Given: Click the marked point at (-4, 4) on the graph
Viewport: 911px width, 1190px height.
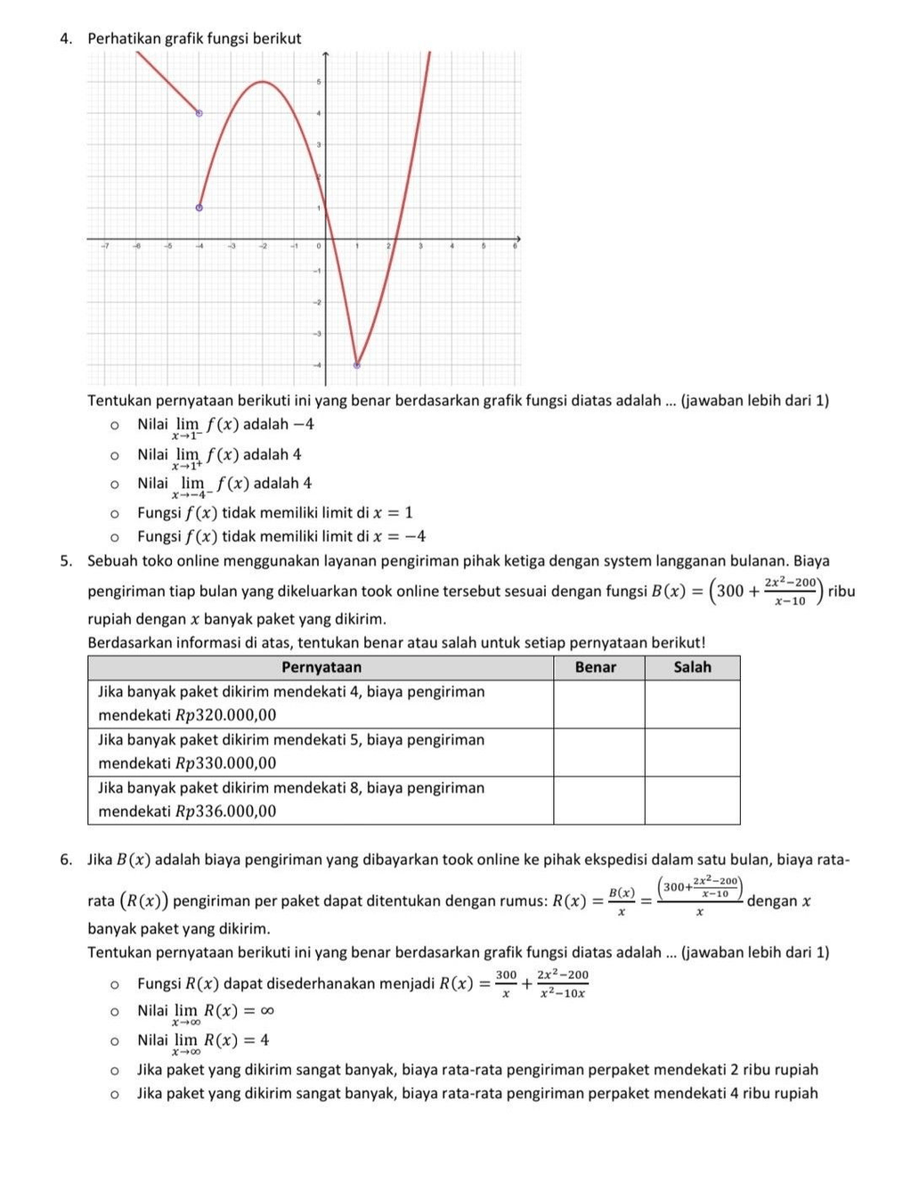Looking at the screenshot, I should (x=199, y=113).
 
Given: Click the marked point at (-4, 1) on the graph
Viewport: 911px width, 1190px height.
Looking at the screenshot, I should (x=199, y=208).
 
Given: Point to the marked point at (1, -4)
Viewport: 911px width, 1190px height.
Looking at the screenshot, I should (x=357, y=364).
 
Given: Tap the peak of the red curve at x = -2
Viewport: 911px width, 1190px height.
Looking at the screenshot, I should (x=262, y=82).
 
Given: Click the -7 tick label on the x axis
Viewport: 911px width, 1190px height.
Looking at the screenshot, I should (x=104, y=246).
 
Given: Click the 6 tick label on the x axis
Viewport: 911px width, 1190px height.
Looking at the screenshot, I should (x=514, y=246).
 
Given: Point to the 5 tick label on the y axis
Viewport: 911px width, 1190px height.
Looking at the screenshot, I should (x=318, y=82).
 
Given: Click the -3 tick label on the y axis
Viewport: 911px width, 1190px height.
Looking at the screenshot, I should (x=315, y=333).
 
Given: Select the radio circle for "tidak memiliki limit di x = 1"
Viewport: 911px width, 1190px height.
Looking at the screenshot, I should (x=114, y=513).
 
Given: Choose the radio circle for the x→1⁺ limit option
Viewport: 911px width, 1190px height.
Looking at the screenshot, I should (x=114, y=455).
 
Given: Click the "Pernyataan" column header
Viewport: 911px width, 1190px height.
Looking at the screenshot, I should (x=321, y=667).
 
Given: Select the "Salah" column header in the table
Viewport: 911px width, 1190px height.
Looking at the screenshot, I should (x=692, y=667).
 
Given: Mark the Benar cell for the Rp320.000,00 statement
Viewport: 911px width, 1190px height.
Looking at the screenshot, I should (x=598, y=704).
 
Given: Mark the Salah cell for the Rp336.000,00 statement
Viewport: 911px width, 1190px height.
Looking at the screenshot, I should (x=692, y=800).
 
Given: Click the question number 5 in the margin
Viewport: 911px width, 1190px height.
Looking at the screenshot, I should (x=66, y=561).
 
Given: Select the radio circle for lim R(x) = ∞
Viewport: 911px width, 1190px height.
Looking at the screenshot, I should (x=114, y=1011).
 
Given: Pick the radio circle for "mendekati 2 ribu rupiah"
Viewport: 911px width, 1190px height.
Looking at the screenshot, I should (x=114, y=1070).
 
